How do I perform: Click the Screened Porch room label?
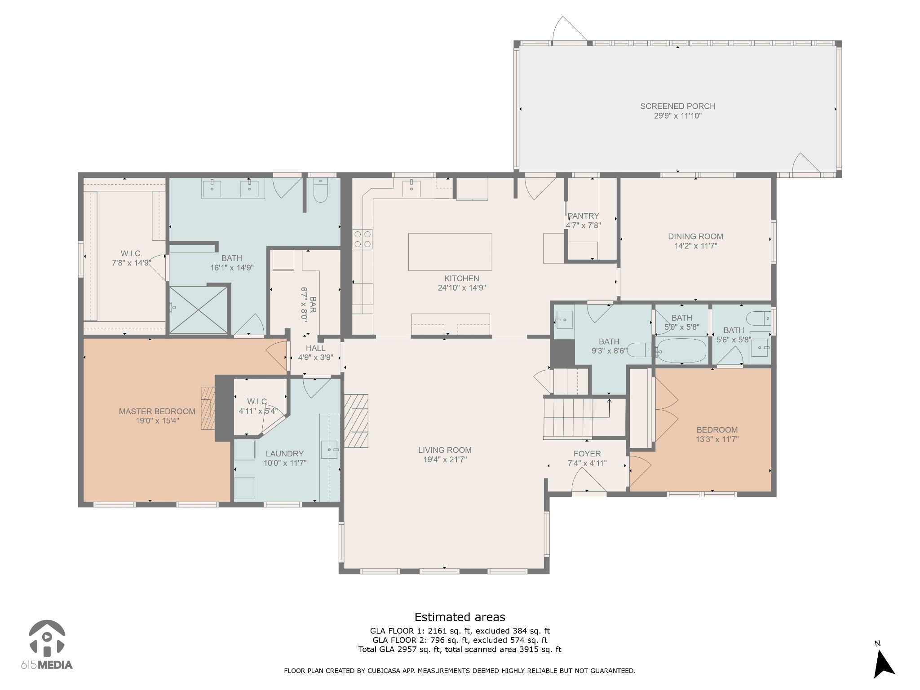(x=677, y=106)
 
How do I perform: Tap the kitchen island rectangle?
(x=450, y=252)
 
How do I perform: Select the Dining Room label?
(x=695, y=236)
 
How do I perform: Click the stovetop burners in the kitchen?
(x=363, y=239)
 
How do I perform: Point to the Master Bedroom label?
(x=157, y=411)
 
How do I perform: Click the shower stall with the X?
(x=198, y=310)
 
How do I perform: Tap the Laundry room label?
(x=284, y=454)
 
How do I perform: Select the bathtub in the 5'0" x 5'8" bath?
(x=681, y=351)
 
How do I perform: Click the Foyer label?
(x=587, y=454)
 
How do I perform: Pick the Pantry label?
(x=583, y=216)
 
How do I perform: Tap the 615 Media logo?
(x=47, y=646)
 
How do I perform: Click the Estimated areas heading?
(x=460, y=617)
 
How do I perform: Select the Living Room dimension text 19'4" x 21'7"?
(x=444, y=460)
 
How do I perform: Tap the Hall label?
(x=315, y=348)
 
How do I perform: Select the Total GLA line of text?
(x=460, y=649)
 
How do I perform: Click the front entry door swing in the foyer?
(x=588, y=481)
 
